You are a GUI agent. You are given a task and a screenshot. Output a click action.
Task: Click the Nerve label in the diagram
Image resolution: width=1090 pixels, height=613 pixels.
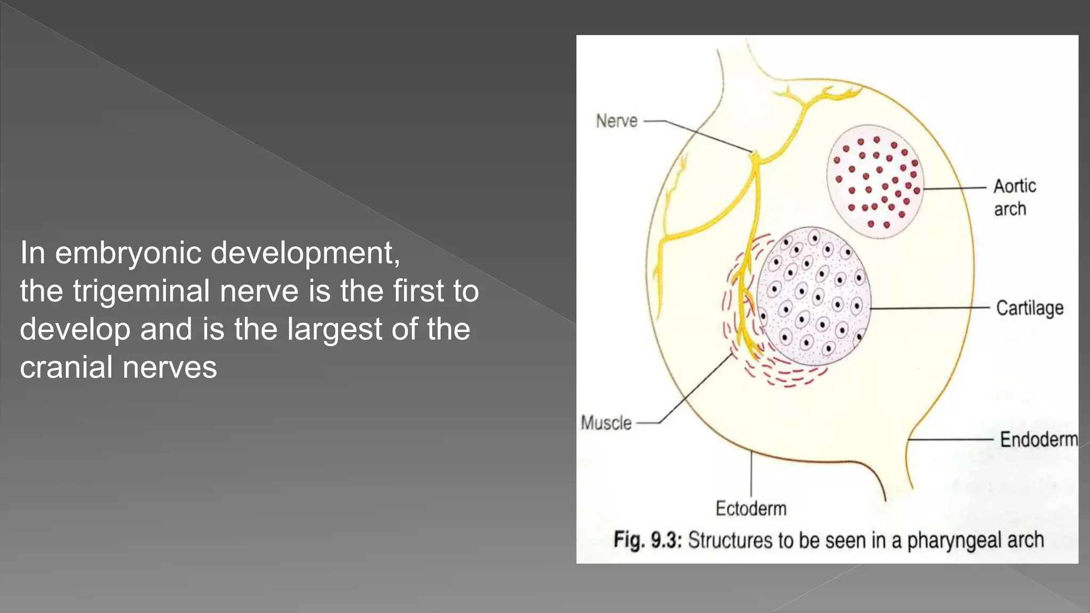point(616,121)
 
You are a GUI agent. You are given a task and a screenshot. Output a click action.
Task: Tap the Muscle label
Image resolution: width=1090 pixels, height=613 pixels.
point(606,423)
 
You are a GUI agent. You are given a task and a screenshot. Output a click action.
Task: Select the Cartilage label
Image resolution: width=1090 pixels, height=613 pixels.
point(1029,308)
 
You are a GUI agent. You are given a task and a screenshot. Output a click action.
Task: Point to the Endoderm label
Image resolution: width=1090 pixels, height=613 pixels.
point(1038,440)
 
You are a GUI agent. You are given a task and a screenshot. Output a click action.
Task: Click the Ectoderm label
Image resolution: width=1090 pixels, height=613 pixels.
point(750,509)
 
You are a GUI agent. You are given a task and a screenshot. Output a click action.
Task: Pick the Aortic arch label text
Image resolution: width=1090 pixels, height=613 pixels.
point(1014,197)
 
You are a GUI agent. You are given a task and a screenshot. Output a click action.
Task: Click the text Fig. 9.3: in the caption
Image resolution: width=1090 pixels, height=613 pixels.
point(647,540)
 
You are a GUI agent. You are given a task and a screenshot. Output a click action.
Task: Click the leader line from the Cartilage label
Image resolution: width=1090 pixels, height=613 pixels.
point(931,308)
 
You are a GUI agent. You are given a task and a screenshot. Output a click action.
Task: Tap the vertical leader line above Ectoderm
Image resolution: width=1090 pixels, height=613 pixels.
point(751,474)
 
